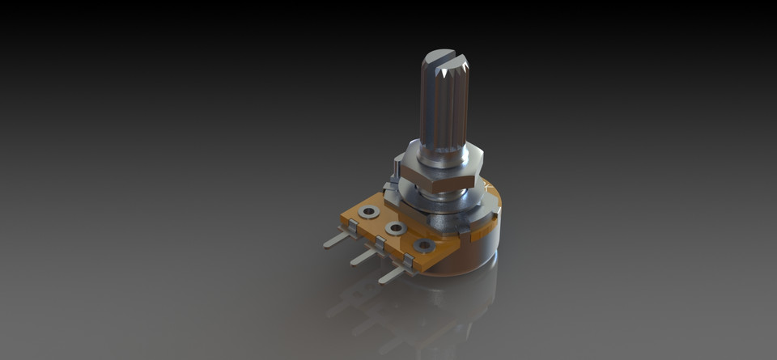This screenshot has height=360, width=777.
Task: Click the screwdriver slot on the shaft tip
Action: click(444, 57)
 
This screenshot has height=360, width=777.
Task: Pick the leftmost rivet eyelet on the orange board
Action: click(369, 213)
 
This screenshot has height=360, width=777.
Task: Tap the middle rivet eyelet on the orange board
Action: click(396, 229)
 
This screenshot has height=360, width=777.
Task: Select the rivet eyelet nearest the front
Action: click(422, 246)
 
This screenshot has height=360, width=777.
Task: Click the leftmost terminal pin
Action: click(333, 240)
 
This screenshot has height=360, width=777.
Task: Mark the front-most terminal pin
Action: click(390, 276)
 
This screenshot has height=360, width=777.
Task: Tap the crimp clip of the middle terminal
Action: click(380, 245)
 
